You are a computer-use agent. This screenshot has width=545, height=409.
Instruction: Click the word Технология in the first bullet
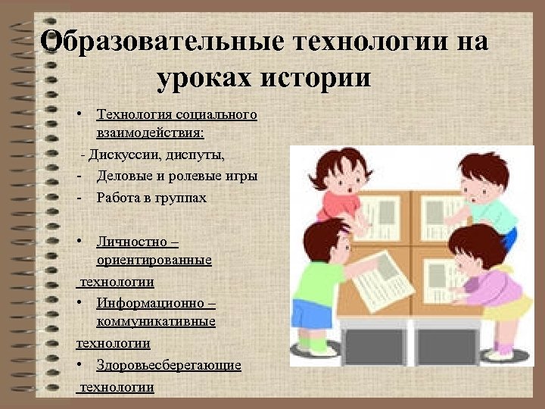[x=134, y=115]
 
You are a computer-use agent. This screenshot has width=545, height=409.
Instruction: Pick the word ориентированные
[x=154, y=261]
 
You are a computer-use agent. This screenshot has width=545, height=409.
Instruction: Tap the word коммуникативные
[x=156, y=322]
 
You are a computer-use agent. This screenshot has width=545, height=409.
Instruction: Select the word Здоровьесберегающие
[x=169, y=365]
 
